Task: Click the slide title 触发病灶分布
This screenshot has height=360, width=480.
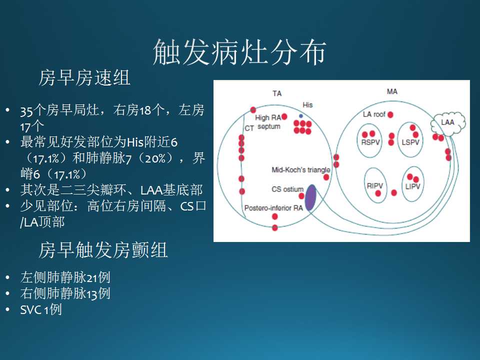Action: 239,52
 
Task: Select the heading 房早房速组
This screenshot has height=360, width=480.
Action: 84,77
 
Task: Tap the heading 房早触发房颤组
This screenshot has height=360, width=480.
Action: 103,250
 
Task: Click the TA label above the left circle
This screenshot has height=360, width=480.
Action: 277,93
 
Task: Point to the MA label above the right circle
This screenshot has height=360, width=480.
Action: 392,91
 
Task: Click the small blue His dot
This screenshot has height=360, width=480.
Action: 301,116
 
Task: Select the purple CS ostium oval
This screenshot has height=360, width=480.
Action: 310,197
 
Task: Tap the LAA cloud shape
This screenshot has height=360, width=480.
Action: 448,123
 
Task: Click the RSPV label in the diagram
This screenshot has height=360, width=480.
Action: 370,142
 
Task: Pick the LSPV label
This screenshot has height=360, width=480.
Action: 410,142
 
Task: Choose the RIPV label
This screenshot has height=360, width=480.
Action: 375,185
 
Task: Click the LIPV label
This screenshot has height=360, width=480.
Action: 412,186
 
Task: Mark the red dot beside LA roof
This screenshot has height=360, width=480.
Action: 390,115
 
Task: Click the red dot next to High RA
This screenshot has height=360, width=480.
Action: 284,116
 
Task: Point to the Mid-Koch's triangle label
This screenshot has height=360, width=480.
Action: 301,169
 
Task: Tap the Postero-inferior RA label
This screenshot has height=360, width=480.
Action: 273,208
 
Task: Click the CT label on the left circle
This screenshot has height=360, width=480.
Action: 249,128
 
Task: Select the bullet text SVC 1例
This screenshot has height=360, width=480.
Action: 41,309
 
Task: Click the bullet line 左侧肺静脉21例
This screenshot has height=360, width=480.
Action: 65,277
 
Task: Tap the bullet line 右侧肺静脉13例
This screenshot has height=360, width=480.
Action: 65,293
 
